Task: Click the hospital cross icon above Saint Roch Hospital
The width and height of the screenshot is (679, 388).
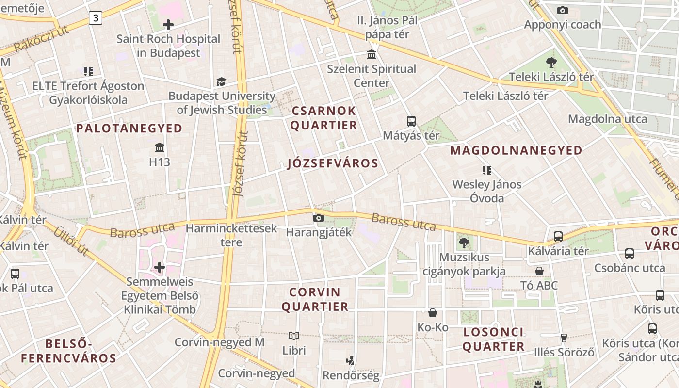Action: coord(168,24)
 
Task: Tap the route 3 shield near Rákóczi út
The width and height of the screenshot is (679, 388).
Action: coord(96,18)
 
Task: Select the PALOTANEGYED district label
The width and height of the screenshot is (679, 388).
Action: coord(129,129)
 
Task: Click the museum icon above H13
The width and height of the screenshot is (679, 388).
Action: coord(160,147)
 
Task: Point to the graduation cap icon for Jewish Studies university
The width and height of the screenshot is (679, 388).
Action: coord(221,81)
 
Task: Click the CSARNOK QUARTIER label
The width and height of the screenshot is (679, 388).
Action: coord(324,118)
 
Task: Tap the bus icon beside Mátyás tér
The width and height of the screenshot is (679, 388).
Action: coord(411,121)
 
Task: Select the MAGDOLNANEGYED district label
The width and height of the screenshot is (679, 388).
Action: coord(516,150)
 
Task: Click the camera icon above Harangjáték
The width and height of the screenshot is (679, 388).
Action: coord(319,218)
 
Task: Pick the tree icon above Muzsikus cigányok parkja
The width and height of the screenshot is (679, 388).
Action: coord(464,242)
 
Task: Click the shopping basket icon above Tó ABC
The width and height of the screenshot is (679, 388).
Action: coord(539,271)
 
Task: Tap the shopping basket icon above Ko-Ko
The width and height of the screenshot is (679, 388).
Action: coord(433,313)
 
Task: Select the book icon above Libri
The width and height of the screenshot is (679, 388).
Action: coord(294,336)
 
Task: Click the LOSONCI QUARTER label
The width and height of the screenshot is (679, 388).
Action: coord(494,339)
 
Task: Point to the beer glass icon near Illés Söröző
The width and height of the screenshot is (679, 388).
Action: coord(564,338)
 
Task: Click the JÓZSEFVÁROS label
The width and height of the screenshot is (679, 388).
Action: coord(333,163)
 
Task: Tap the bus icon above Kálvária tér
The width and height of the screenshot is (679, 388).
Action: coord(558,237)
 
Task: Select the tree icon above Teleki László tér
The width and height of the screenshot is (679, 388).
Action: coord(551,62)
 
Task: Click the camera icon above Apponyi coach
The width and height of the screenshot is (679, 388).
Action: coord(563,10)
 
